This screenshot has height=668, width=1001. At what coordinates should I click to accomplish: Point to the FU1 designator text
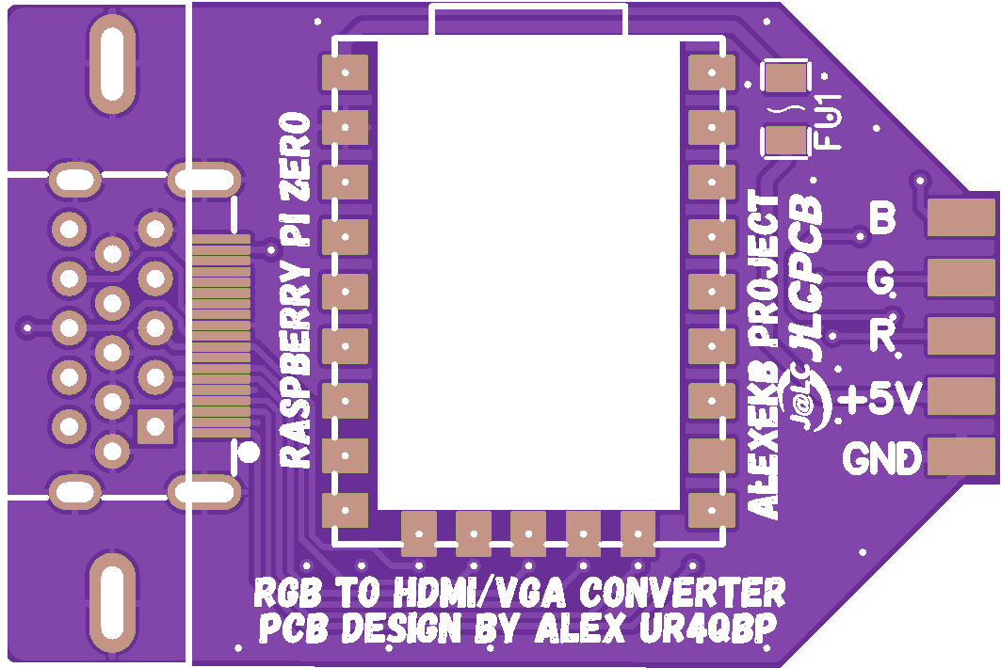829,121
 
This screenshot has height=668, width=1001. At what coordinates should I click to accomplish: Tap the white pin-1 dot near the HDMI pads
249,453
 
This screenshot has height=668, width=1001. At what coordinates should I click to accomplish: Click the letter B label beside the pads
882,218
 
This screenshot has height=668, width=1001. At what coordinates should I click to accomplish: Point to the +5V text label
880,400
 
